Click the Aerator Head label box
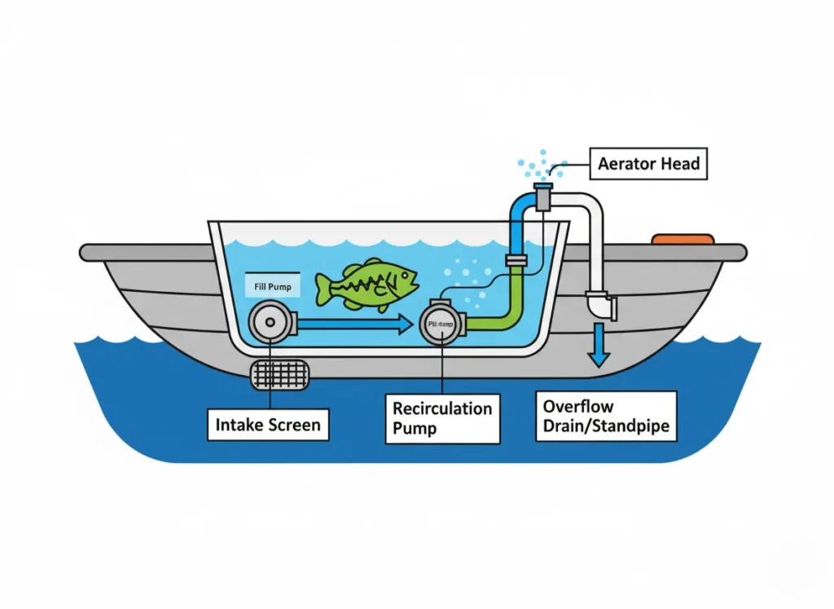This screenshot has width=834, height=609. coord(648,164)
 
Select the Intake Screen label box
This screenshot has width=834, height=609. coord(268,425)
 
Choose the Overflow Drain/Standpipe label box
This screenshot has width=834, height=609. coord(606,416)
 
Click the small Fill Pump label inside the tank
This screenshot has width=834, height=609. coord(272,288)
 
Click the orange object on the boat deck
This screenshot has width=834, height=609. coord(683,239)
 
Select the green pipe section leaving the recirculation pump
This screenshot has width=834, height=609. coord(497,314)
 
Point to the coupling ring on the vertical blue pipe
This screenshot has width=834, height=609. coord(516,261)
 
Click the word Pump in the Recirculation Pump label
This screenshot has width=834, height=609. coord(415,429)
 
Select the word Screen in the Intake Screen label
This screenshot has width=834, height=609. coord(296,425)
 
